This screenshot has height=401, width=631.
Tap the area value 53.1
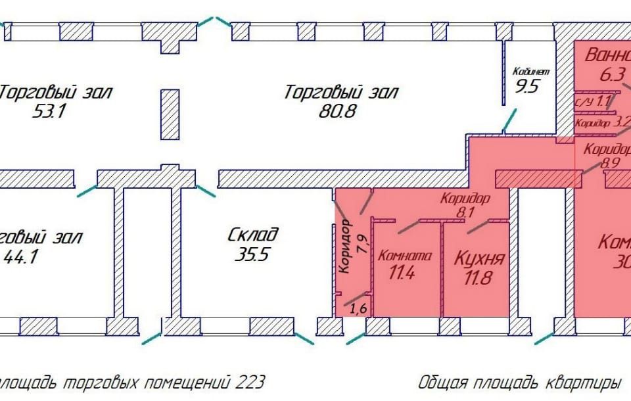(50, 111)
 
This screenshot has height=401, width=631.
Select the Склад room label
(254, 235)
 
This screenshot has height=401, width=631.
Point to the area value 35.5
(252, 254)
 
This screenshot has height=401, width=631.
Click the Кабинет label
(530, 71)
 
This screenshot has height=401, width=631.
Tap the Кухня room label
(479, 258)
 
